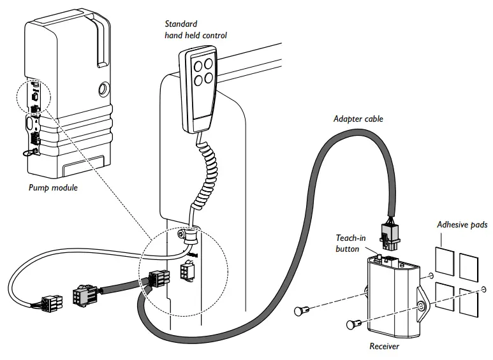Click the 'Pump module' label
(54, 188)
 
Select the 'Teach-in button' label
(350, 243)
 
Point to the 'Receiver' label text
(385, 347)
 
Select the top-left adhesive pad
(444, 256)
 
